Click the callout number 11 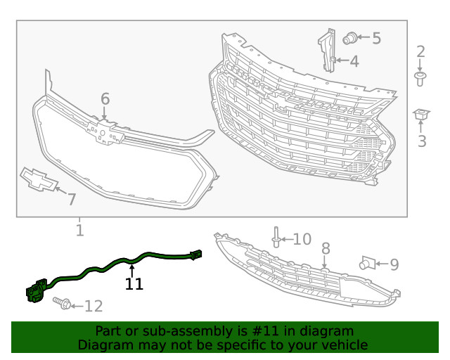pos(134,284)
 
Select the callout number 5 pos(377,38)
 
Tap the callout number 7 pos(72,199)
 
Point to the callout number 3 pos(422,141)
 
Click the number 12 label pos(94,306)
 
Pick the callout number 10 pos(302,239)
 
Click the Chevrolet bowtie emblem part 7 pos(39,179)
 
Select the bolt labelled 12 pos(62,303)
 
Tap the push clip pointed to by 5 pos(350,39)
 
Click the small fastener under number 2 pos(420,79)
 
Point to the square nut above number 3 pos(421,115)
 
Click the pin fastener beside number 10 pos(276,237)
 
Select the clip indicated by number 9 pos(368,263)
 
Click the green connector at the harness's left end pos(36,290)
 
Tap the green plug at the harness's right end pos(195,255)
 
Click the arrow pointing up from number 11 pos(131,271)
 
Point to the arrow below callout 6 pos(104,112)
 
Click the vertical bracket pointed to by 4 pos(328,50)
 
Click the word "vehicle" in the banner pos(347,345)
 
